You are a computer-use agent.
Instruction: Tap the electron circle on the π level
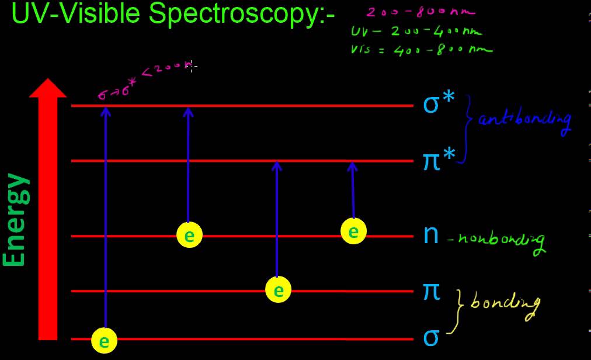pyautogui.click(x=278, y=290)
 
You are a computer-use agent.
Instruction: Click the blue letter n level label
pyautogui.click(x=431, y=234)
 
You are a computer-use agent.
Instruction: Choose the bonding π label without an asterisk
pyautogui.click(x=432, y=290)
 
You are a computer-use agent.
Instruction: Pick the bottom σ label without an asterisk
pyautogui.click(x=431, y=338)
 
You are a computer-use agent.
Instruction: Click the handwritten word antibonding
pyautogui.click(x=523, y=120)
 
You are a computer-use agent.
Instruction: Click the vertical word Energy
pyautogui.click(x=15, y=219)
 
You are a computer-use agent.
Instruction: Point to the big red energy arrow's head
pyautogui.click(x=48, y=89)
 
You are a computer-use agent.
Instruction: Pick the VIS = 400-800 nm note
pyautogui.click(x=421, y=50)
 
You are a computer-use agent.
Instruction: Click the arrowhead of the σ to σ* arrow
pyautogui.click(x=105, y=111)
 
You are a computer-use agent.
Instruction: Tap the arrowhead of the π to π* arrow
pyautogui.click(x=277, y=167)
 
